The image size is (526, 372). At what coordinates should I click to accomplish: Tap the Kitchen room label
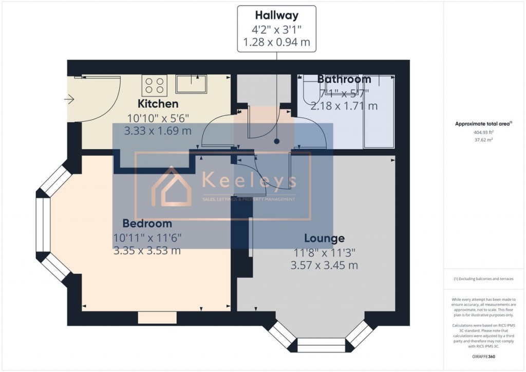click(158, 104)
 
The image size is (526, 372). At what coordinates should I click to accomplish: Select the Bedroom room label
click(147, 224)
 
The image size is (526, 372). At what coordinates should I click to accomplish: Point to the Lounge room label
click(324, 238)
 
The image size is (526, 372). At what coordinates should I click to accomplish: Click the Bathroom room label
click(344, 80)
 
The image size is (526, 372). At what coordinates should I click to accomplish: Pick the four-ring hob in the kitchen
click(155, 84)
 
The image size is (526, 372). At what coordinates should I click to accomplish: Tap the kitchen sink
click(191, 84)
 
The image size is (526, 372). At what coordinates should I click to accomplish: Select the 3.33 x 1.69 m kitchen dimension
click(158, 131)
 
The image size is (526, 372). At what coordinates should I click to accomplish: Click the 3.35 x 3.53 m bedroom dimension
click(147, 251)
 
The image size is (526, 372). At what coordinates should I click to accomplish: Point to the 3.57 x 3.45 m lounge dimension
click(324, 266)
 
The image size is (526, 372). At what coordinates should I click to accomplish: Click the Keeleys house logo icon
click(168, 187)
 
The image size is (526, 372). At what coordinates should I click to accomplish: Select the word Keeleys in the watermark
click(249, 181)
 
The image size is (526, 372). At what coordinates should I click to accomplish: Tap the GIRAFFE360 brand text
click(483, 356)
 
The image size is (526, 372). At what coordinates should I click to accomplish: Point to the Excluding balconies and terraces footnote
click(483, 279)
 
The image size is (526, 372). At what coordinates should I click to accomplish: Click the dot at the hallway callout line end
click(276, 140)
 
